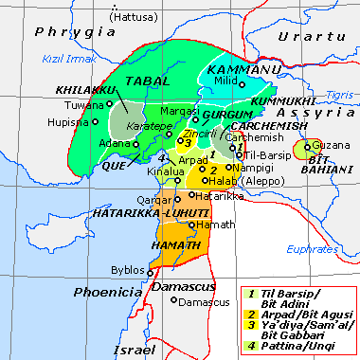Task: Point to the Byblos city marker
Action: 150,271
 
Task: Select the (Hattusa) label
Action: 135,17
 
